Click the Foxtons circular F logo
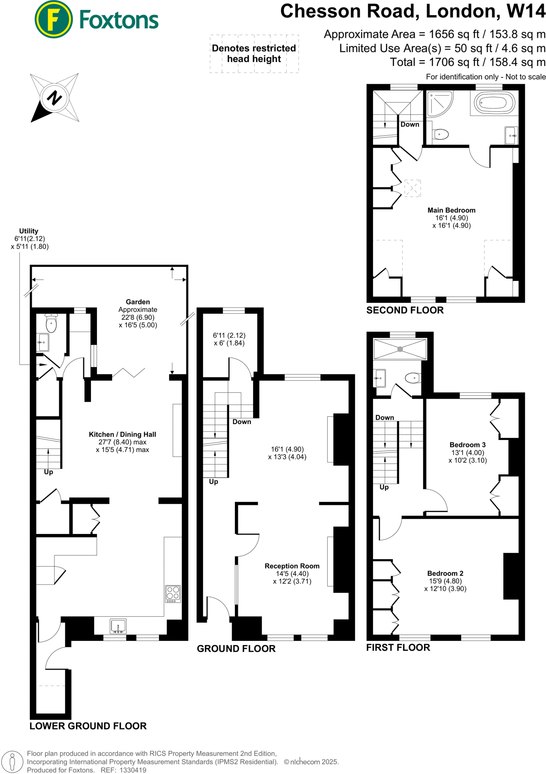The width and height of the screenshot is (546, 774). (x=53, y=20)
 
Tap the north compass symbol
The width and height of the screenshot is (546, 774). (x=55, y=98)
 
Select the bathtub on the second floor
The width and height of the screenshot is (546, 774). (x=494, y=102)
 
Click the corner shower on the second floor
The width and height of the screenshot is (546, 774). (x=439, y=103)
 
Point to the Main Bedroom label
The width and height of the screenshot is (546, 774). (x=451, y=210)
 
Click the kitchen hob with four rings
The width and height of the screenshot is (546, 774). (x=173, y=593)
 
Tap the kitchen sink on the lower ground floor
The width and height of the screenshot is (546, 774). (x=118, y=626)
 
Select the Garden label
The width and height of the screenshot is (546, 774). (x=138, y=302)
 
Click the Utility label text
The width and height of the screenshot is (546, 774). (x=29, y=231)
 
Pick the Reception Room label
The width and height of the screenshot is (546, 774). (x=292, y=566)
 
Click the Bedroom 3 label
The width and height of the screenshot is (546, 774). (x=467, y=445)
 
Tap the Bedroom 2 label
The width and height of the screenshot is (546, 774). (x=445, y=573)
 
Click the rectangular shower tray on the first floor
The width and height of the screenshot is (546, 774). (x=400, y=349)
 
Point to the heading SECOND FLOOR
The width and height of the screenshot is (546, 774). (x=405, y=310)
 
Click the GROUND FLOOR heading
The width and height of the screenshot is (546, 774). (x=236, y=649)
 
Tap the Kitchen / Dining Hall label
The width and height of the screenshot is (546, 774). (x=122, y=435)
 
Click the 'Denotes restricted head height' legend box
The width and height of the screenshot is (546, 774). (x=254, y=54)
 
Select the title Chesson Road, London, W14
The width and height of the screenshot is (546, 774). (x=413, y=11)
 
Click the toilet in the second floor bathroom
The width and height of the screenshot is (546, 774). (x=440, y=134)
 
